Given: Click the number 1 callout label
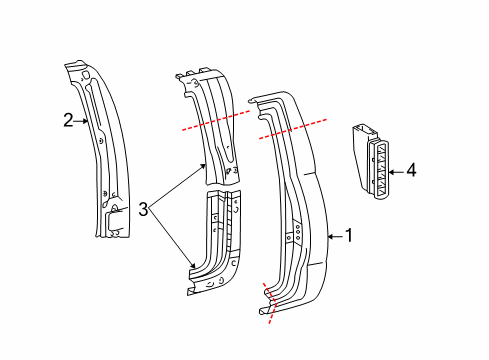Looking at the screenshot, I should (x=349, y=236).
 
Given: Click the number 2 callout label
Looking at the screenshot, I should (x=68, y=120).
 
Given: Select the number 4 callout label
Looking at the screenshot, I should (x=410, y=171).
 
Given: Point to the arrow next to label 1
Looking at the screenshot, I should (x=334, y=236).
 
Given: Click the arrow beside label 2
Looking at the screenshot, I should (x=83, y=121).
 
